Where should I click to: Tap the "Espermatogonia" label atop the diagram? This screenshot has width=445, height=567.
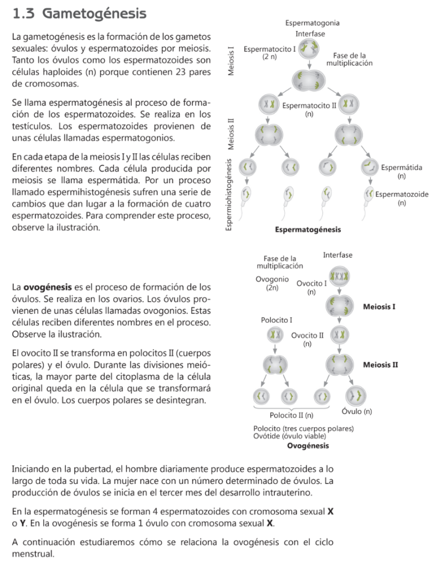pos(313,23)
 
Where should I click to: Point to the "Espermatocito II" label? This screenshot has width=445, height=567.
pos(309,105)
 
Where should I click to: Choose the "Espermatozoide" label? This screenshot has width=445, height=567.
pos(402,195)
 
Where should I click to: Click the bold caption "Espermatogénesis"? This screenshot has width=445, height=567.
pos(308,229)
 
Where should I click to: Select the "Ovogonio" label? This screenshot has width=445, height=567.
pos(272,280)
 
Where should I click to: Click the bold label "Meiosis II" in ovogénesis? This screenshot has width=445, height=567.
pos(380,365)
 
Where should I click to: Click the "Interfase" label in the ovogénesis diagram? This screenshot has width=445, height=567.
pos(337,255)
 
